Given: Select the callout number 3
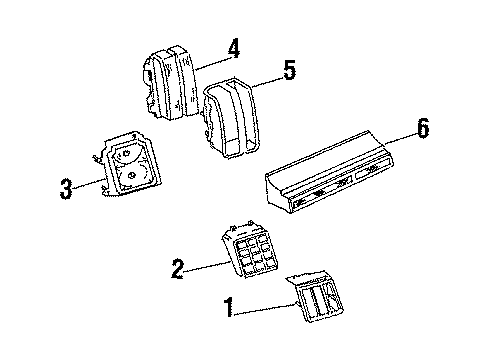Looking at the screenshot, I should tap(65, 188).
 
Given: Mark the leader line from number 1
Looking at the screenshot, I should tap(266, 306).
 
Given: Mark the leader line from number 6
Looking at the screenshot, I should tap(396, 137).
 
